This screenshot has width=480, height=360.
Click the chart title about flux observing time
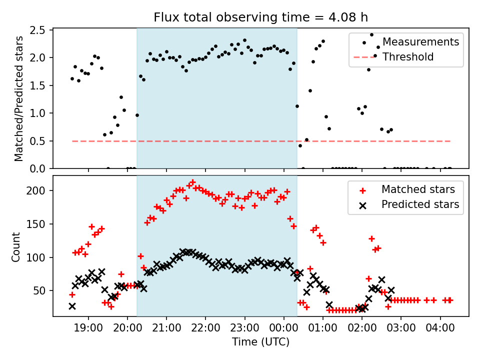coord(260,18)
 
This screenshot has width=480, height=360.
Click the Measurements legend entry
coord(420,41)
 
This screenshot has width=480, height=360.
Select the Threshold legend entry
coord(408,57)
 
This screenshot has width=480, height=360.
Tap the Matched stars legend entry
coord(418,189)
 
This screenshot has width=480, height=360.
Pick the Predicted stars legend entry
coord(420,204)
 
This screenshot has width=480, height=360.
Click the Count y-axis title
coord(16,247)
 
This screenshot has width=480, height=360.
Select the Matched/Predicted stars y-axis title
coord(19,98)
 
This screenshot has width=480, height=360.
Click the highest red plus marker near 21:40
coord(192,182)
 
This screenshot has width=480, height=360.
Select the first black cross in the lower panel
coord(72,306)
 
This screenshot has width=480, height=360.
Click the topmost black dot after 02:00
coord(371,35)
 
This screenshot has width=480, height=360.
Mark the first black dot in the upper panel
coord(72,78)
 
